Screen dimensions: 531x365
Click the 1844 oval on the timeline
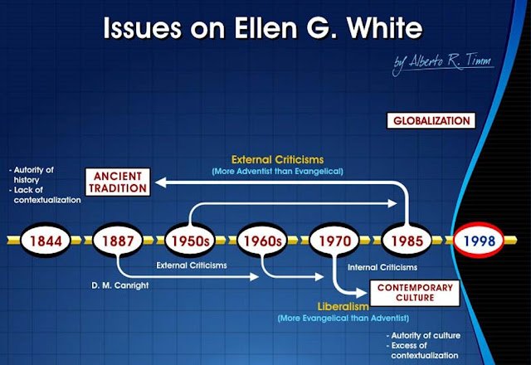click(x=46, y=241)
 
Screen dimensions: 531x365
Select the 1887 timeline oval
click(x=118, y=241)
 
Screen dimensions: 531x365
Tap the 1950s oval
click(x=190, y=241)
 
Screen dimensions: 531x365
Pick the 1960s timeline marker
click(x=262, y=241)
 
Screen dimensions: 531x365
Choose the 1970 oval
click(x=334, y=241)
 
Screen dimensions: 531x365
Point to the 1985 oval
click(x=407, y=241)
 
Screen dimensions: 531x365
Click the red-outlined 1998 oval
click(x=479, y=241)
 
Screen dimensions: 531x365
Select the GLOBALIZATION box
click(x=431, y=120)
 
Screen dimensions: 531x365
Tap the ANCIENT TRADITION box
click(x=118, y=182)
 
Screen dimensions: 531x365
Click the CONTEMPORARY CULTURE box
click(x=415, y=293)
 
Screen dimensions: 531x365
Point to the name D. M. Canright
click(x=119, y=285)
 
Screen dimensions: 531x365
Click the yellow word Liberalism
click(x=343, y=306)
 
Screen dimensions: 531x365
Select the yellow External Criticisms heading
click(x=277, y=159)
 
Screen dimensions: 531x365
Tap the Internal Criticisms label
click(x=382, y=267)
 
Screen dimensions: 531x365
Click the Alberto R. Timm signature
click(x=442, y=63)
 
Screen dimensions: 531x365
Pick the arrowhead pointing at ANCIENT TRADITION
click(x=160, y=182)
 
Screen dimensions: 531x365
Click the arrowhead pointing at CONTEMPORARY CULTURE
click(x=362, y=293)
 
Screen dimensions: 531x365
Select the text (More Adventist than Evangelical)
click(x=277, y=172)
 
